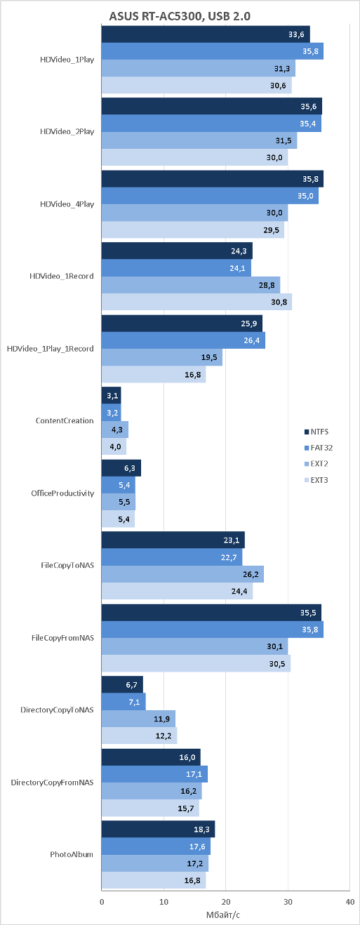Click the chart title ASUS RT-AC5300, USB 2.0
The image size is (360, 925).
pos(180,16)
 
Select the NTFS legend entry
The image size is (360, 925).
pos(316,432)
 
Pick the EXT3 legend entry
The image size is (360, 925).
pos(316,480)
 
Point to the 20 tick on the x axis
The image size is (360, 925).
pos(226,901)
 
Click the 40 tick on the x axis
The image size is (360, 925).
pos(349,901)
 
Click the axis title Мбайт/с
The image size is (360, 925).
pos(223,914)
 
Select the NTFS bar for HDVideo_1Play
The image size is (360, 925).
pos(206,34)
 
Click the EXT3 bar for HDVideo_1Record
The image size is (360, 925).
pos(197,302)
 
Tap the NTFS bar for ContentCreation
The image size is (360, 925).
pos(112,396)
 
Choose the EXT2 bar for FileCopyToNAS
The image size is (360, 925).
pos(183,574)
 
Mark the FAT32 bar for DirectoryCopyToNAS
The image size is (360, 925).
pos(124,702)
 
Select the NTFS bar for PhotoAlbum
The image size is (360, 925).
pos(159,829)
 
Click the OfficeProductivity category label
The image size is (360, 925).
pos(62,493)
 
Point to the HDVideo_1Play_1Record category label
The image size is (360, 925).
pos(51,349)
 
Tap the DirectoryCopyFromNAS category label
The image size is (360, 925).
pos(53,783)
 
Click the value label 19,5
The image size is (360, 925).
pos(209,357)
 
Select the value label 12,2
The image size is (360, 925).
pos(164,736)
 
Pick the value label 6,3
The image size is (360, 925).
pos(130,468)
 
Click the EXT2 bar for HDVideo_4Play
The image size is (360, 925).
pos(195,213)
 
